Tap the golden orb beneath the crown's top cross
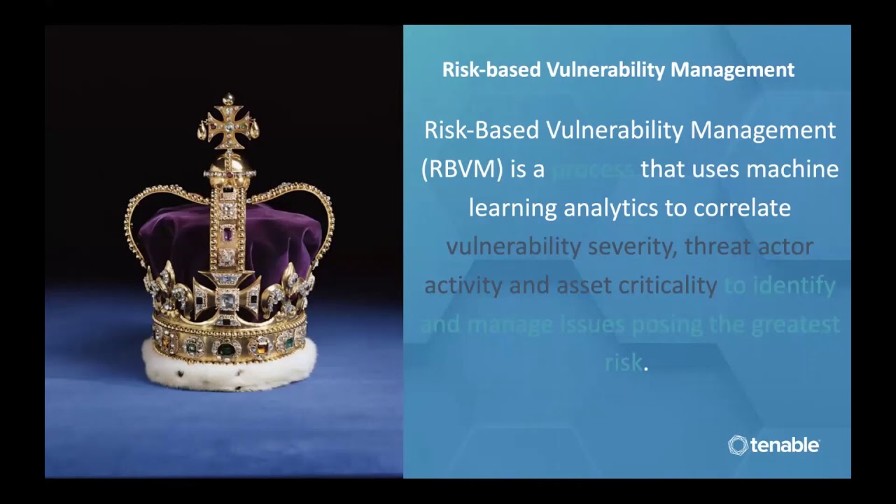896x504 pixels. (x=227, y=165)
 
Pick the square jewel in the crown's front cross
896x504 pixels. (x=227, y=301)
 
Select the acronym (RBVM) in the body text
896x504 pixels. (x=463, y=169)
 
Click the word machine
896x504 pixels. (x=792, y=169)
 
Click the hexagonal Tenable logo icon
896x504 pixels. (x=738, y=445)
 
